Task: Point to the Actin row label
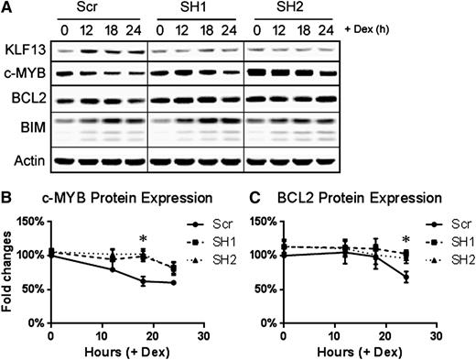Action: click(27, 165)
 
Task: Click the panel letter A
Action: click(7, 8)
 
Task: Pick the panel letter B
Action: click(7, 196)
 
